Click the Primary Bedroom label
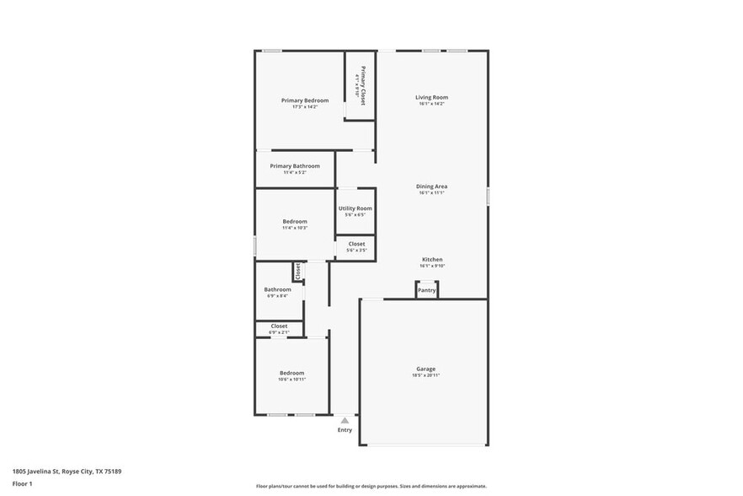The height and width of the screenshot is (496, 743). click(305, 100)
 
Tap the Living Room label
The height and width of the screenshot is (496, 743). click(431, 97)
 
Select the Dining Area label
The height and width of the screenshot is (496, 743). click(431, 186)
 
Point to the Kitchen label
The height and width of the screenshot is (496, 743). click(431, 260)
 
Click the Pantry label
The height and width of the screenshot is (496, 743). click(427, 290)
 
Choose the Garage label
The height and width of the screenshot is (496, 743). click(425, 369)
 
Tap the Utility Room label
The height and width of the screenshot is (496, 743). click(355, 208)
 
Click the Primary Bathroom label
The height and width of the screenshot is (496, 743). click(295, 166)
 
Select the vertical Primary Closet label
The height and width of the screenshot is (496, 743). click(363, 85)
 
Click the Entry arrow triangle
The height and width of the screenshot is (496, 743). click(345, 419)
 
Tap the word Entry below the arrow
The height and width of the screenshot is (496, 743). click(345, 430)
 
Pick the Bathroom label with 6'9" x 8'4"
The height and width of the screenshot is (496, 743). click(277, 289)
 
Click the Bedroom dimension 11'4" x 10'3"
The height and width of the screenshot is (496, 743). click(295, 228)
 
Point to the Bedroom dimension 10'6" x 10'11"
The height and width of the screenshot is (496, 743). click(291, 380)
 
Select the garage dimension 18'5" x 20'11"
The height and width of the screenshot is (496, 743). click(425, 375)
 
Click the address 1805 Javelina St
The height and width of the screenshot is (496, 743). click(67, 472)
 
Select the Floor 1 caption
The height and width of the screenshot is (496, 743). click(22, 483)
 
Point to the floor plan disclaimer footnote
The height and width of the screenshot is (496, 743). click(371, 486)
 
